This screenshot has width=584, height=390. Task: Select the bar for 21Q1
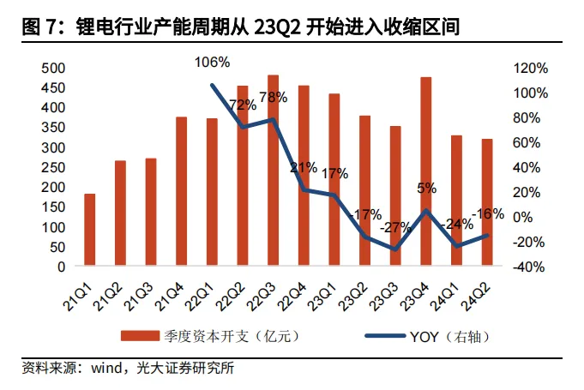click(89, 230)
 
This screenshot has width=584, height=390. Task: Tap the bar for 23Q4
click(425, 171)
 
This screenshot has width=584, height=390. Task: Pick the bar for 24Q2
click(487, 202)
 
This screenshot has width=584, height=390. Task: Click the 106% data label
click(213, 62)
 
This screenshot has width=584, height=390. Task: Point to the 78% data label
click(273, 98)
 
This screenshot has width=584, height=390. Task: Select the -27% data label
click(395, 228)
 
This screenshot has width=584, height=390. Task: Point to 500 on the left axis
click(53, 69)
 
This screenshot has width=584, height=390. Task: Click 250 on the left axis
click(53, 167)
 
